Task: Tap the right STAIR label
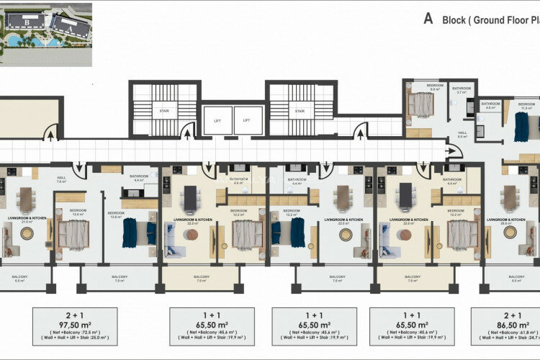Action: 299,111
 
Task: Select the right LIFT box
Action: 247,120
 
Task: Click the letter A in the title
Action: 428,20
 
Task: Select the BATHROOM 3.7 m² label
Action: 461,90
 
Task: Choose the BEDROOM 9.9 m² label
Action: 435,88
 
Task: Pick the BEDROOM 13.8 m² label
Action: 115,215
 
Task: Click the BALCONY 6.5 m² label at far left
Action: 20,279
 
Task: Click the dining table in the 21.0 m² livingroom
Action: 27,199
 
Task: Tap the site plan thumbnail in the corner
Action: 46,32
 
